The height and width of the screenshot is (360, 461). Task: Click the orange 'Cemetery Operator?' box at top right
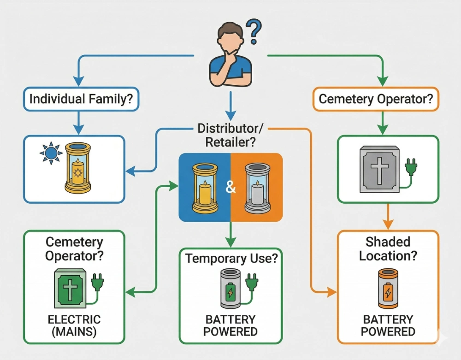376,99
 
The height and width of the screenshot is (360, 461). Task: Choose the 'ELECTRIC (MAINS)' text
74,325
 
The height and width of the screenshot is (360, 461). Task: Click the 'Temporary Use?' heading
231,258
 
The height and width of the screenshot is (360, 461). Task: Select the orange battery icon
388,289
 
